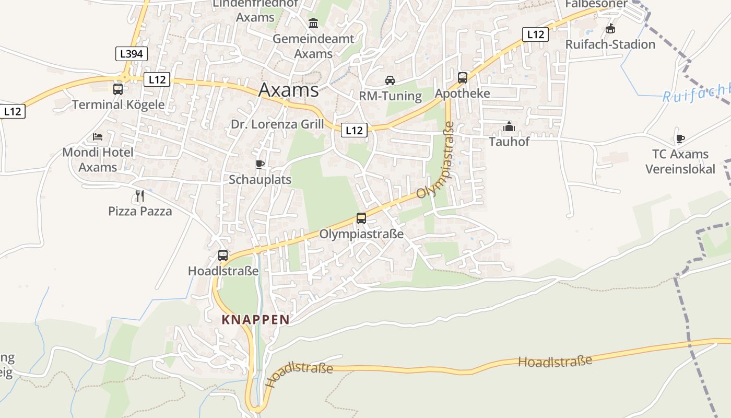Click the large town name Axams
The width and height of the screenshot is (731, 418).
pos(288,90)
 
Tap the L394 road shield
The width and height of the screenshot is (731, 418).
pos(132,53)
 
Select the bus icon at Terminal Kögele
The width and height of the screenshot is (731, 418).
pos(118,89)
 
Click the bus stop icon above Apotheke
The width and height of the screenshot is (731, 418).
pos(463,78)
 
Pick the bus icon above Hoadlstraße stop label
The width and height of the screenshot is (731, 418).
pos(223,256)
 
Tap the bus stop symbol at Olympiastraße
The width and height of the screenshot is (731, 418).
pos(361,218)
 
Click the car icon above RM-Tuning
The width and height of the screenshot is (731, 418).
pos(390,80)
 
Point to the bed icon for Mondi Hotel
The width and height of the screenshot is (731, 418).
pos(98,137)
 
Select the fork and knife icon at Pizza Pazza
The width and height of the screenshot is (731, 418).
pos(139,196)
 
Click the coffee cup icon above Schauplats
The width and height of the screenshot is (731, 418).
pos(260,165)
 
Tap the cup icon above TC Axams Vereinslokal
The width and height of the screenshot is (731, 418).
pos(680,138)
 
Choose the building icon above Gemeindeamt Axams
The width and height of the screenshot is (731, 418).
pos(313,24)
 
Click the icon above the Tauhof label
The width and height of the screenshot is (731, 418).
pos(509,126)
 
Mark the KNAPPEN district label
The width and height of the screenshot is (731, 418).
pos(255,319)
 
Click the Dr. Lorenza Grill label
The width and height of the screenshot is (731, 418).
pos(277,124)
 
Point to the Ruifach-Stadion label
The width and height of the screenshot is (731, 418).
pos(610,44)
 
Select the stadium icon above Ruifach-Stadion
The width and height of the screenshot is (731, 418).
pos(610,28)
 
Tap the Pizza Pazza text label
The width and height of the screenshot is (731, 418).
pos(140,211)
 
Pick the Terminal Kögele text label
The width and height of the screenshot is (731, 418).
pos(118,104)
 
